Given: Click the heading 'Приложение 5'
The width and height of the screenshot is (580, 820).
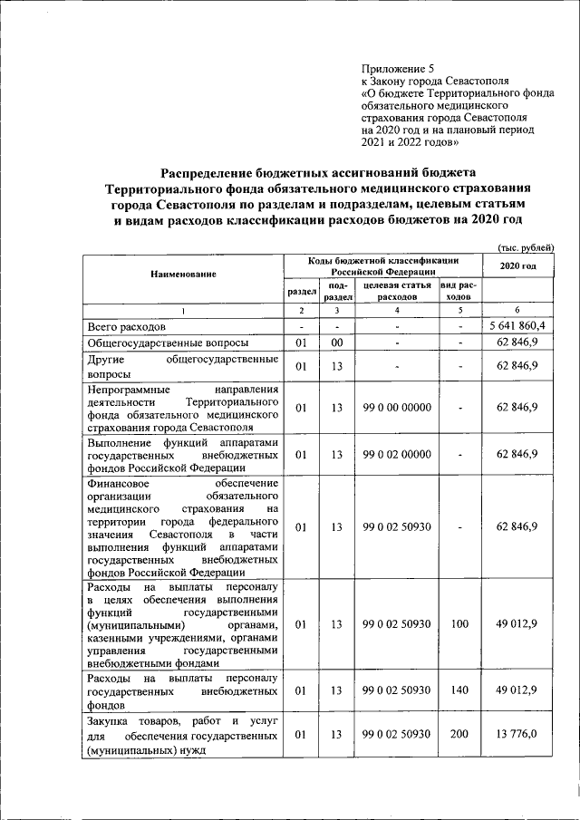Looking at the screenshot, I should pos(398,68).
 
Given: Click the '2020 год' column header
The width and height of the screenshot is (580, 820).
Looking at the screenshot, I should pos(518,265).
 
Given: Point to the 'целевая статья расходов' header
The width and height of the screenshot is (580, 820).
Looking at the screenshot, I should pos(396,291).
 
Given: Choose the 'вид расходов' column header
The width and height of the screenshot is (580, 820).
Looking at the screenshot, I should pos(460,291).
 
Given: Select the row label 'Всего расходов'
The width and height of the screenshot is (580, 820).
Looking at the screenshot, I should pos(127,326).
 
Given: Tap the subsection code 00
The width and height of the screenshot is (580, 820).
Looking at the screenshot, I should pos(336,343).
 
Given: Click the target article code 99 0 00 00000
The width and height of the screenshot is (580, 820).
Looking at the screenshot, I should pos(396,408).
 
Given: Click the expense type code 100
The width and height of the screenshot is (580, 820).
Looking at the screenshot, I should pos(460,624).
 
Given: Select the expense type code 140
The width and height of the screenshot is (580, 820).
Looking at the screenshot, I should pos(460,690).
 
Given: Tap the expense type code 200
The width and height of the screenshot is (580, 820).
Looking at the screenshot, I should pos(460,735).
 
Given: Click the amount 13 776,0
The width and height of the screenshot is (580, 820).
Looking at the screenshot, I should pos(518,735).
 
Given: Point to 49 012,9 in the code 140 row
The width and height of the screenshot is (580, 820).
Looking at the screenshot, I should pos(518,690).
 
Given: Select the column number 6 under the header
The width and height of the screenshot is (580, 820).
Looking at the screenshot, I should pos(518,310).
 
